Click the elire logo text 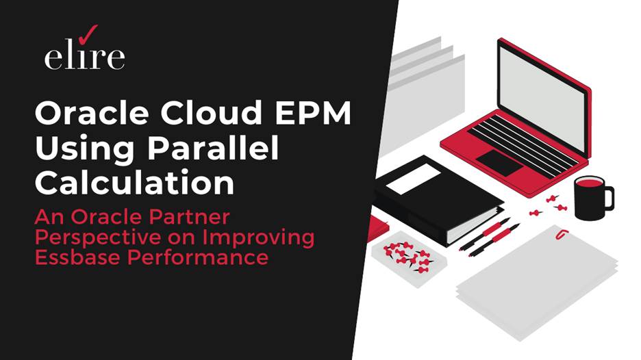click(x=84, y=57)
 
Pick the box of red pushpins click(x=407, y=255)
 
